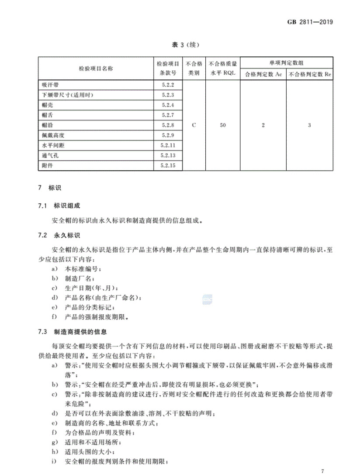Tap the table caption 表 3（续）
tap(180, 45)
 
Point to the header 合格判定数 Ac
tap(263, 74)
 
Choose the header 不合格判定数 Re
tap(310, 74)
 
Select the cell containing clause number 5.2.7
tap(167, 115)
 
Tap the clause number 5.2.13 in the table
tap(167, 155)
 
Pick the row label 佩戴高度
tap(53, 135)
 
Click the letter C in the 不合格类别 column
tap(194, 125)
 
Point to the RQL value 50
tap(222, 125)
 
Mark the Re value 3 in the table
tap(309, 125)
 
